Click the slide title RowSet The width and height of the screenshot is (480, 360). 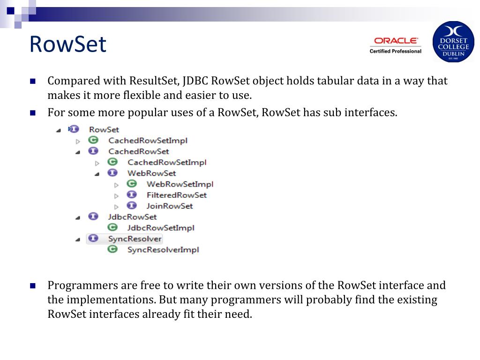click(x=68, y=45)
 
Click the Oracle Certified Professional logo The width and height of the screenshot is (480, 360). click(x=395, y=45)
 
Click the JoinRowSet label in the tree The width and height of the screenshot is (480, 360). click(x=169, y=206)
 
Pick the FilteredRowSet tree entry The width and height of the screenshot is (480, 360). click(x=176, y=195)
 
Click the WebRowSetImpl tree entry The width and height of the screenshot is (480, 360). click(x=180, y=184)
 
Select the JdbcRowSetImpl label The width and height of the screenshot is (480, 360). click(x=161, y=228)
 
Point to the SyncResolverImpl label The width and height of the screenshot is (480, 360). click(x=163, y=249)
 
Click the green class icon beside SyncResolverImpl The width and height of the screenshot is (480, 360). click(x=112, y=249)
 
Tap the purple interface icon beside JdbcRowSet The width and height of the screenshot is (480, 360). click(x=93, y=216)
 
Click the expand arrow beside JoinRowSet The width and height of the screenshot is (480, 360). click(x=116, y=206)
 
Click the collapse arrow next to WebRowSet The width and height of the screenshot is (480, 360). click(x=97, y=174)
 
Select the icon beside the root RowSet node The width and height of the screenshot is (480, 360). click(x=74, y=129)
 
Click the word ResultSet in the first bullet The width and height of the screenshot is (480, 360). click(x=152, y=81)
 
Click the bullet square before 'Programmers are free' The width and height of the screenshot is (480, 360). click(x=33, y=285)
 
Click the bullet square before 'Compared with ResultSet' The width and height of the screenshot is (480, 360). click(x=33, y=81)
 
